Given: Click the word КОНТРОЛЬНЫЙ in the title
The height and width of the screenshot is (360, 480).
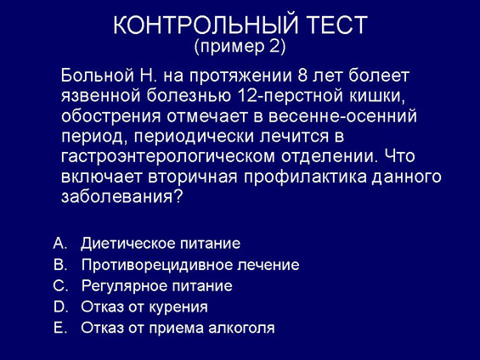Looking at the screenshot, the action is [206, 25].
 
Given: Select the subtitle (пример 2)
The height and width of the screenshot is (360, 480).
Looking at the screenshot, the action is [240, 46].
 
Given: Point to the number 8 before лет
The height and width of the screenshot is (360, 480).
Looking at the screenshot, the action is [302, 76].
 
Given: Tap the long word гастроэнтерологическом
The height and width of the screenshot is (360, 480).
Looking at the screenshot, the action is [167, 156].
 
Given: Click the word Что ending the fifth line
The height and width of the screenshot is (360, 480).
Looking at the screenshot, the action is [399, 155].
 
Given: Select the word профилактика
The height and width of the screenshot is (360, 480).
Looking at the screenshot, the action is [305, 177].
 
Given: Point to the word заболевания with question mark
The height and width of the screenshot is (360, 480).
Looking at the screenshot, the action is [121, 197].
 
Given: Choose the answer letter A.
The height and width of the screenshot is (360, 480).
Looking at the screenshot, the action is [60, 244].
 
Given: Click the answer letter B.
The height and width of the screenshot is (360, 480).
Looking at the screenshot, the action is [60, 265].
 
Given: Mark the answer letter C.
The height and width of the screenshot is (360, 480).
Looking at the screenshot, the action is [60, 286].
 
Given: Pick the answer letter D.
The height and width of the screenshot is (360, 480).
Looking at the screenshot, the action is [60, 307].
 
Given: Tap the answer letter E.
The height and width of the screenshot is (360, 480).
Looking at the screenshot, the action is [60, 328].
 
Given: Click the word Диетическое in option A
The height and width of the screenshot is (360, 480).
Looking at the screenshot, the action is [127, 244].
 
